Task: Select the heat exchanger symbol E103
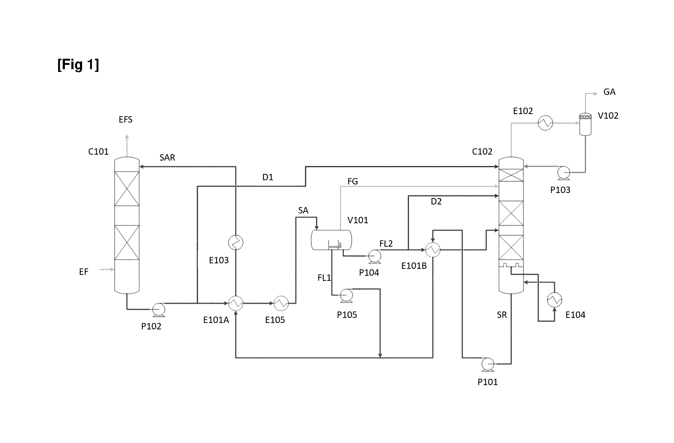236,243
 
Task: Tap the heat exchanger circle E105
281,303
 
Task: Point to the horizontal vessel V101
331,240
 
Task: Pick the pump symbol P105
346,295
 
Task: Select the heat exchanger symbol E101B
433,250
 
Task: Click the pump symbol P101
488,364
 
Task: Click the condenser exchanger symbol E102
545,123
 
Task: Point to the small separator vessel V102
585,124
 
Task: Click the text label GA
609,92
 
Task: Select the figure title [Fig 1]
78,65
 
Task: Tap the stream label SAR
167,158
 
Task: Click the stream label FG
353,181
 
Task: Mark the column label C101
98,152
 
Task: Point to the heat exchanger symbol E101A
236,303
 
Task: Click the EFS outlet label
125,120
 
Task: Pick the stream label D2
436,202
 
